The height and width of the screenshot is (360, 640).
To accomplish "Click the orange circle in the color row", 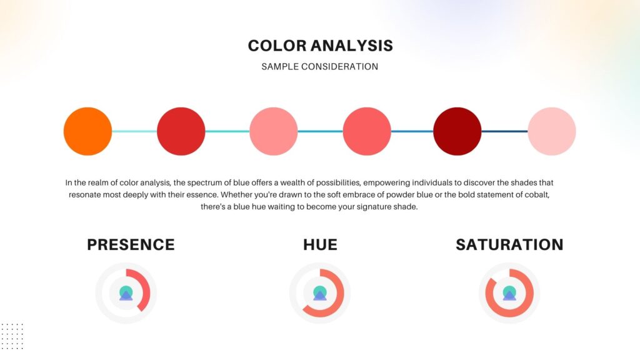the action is [x=87, y=131].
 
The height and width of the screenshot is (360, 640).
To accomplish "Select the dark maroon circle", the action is [x=457, y=131].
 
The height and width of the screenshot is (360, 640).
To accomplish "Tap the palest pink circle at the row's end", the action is [x=552, y=131].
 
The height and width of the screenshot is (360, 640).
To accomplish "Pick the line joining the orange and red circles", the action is [x=134, y=131].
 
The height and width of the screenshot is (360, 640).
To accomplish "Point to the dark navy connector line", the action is [x=504, y=131].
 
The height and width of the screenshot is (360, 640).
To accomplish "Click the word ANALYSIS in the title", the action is [x=352, y=46].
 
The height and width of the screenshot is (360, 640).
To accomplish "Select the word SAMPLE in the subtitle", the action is [x=279, y=66].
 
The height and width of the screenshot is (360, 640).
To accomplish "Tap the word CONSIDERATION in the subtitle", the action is [x=339, y=66].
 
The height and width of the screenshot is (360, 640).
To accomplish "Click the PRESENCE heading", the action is [x=131, y=244].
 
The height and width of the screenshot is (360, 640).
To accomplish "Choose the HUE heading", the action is [x=320, y=244].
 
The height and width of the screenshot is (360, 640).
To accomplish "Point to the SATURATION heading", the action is [x=509, y=244].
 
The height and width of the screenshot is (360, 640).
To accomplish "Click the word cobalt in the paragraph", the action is [x=537, y=195].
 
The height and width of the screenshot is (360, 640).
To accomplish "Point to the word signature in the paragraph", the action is [x=372, y=207].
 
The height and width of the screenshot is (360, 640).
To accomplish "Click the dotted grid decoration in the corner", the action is [x=12, y=336].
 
